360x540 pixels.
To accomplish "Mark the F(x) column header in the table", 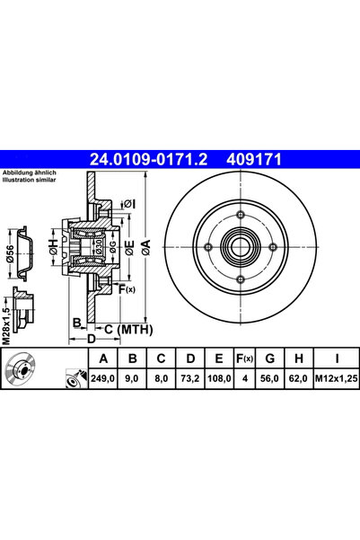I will (244, 360).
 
